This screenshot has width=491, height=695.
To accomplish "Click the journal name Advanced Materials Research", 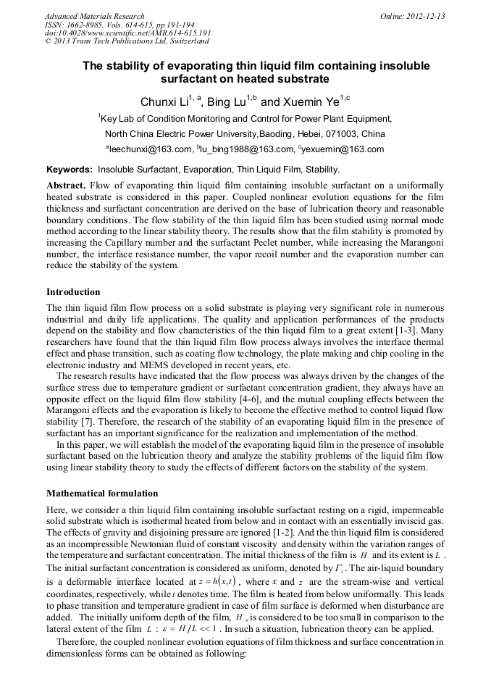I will click(94, 16).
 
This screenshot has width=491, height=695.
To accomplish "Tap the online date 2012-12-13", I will click(424, 16).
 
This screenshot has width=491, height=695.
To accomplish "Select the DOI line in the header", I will click(127, 33).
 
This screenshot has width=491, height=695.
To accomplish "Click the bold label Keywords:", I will click(69, 170).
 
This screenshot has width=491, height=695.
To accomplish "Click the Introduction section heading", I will click(73, 292).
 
